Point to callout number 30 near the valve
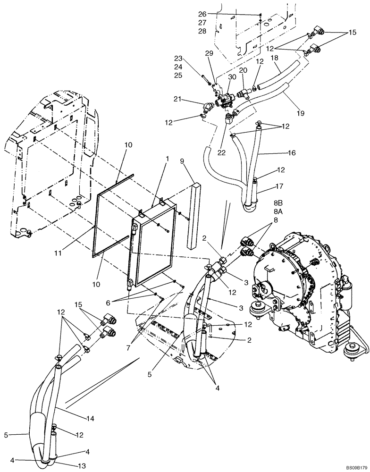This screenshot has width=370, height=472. (x=232, y=77)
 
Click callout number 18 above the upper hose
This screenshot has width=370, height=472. (x=275, y=58)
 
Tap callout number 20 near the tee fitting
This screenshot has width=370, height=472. (x=244, y=70)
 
